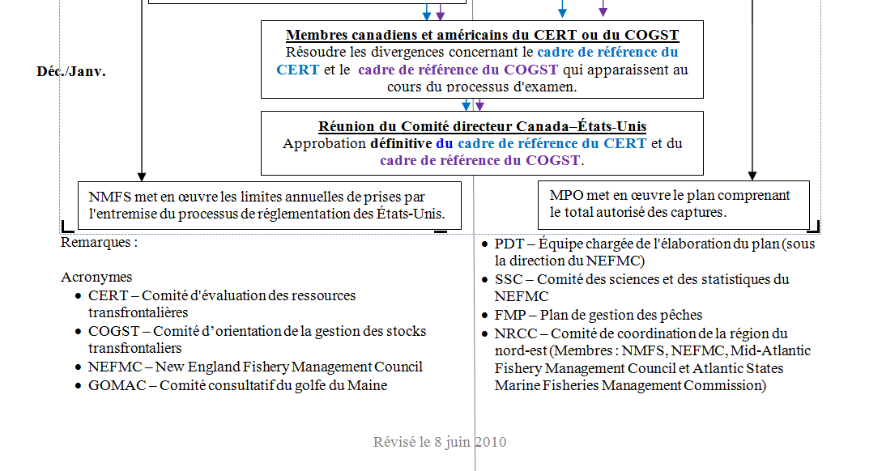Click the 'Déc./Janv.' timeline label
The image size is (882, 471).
click(71, 71)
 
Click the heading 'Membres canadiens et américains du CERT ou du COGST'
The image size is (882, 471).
click(482, 35)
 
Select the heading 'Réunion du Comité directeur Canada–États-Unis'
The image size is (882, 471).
click(482, 126)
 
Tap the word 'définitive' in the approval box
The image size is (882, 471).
click(401, 143)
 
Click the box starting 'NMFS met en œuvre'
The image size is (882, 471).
click(269, 205)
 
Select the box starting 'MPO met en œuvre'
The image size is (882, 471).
click(673, 204)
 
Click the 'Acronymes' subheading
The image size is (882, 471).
click(96, 277)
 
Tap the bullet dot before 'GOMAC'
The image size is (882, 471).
click(78, 386)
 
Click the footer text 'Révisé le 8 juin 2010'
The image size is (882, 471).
click(440, 442)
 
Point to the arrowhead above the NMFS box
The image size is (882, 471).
click(142, 176)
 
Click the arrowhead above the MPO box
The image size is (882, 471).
click(752, 175)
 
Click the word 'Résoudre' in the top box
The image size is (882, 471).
click(313, 52)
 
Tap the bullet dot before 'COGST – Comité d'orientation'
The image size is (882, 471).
click(78, 332)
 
